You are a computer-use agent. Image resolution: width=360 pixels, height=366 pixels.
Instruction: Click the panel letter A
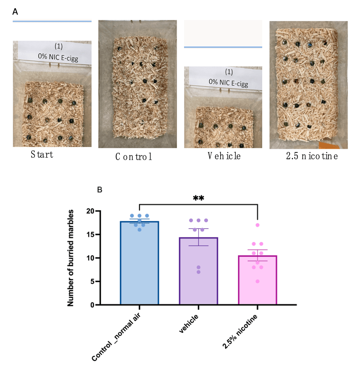coord(15,12)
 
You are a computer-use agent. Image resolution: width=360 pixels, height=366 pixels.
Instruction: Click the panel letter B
coord(99,190)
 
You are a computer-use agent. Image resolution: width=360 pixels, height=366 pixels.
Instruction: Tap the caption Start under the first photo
coord(42,155)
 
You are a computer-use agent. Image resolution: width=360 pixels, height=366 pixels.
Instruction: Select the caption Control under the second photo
coord(134,157)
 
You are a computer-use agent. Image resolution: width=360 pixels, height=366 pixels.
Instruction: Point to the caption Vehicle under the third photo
coord(224,156)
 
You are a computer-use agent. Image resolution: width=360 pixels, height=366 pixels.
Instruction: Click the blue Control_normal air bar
coord(139,266)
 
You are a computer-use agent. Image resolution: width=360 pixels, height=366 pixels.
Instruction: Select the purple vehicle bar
coord(198,273)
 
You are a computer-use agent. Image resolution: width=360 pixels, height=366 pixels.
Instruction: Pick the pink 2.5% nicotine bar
coord(257,281)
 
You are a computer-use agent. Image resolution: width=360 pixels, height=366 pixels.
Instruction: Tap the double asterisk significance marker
coord(198,199)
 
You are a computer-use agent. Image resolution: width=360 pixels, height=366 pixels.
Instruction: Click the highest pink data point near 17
coord(257,225)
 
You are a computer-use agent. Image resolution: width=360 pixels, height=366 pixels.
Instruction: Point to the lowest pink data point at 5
coord(257,281)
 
